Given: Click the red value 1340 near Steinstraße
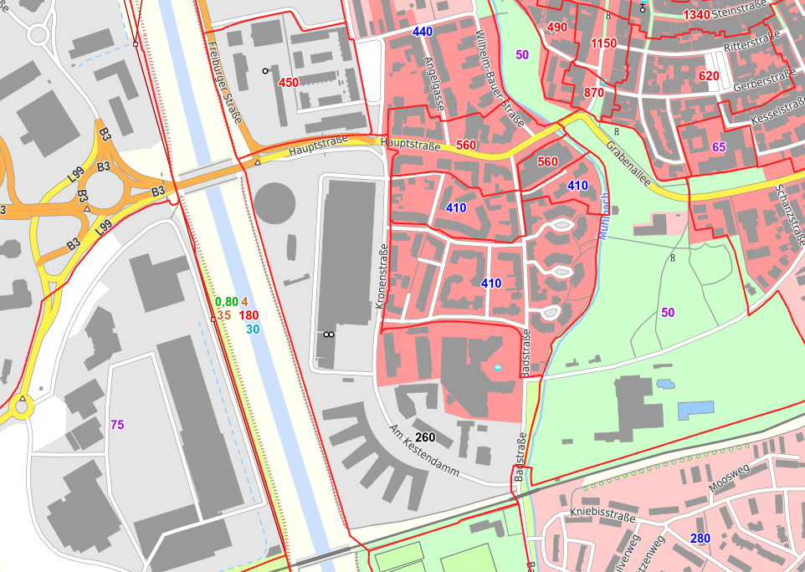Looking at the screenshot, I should pos(696,14).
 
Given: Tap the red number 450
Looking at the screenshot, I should pos(288,82).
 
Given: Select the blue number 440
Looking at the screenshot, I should pos(423,32).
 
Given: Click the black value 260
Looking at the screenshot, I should pos(425,437).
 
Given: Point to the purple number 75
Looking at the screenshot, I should pos(117,424).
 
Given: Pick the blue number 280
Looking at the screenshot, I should pos(700,538).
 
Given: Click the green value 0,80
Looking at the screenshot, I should pos(226,302).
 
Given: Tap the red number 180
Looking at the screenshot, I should pos(248,315).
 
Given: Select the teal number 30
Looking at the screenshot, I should pos(253,329).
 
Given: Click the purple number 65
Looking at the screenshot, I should pos(719,147).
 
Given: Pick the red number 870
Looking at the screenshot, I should pos(594,92).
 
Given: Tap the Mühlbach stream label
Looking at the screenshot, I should pos(603,217).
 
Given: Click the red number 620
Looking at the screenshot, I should pos(708,76).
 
